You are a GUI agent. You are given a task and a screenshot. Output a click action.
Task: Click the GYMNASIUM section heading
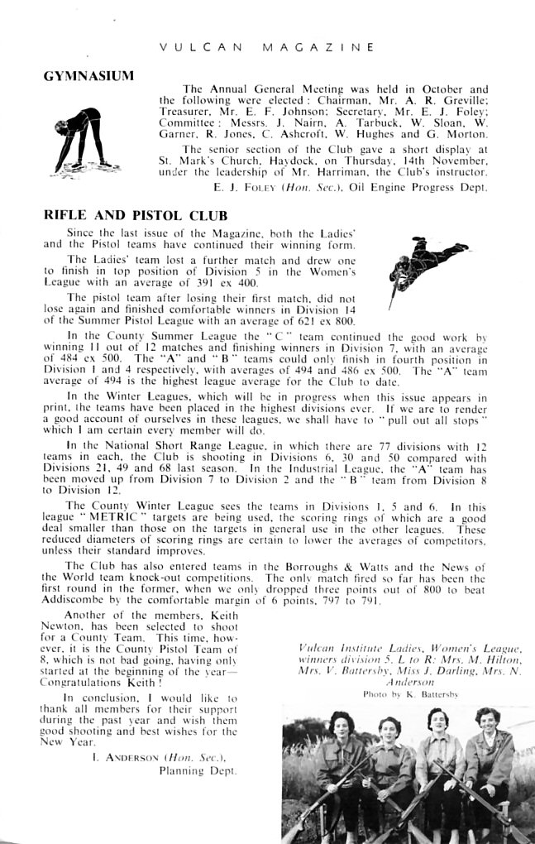88,76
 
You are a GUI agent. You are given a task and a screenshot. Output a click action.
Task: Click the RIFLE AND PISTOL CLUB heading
125,215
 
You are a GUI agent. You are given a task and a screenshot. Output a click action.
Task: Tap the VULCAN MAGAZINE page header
267,47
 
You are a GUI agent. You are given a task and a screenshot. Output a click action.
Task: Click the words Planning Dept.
198,770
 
